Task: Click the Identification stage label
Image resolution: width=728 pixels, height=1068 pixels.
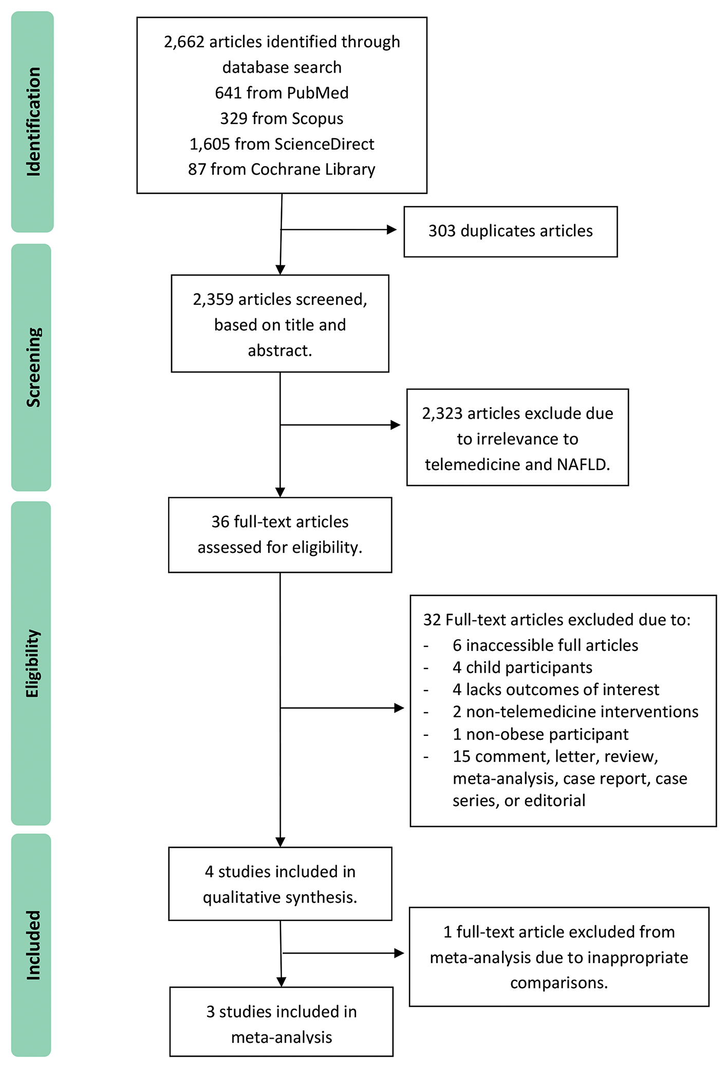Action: tap(33, 122)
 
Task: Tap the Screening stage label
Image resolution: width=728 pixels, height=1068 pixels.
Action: tap(33, 367)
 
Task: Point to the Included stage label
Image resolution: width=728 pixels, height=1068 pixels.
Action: tap(33, 945)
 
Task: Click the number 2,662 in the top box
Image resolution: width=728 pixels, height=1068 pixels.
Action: tap(184, 42)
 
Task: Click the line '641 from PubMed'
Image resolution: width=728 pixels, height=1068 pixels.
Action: tap(282, 93)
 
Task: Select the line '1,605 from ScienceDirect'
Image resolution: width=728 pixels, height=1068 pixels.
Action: tap(282, 144)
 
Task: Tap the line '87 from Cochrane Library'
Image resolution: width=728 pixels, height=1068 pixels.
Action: tap(282, 169)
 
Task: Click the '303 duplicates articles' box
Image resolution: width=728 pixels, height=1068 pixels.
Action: tap(510, 231)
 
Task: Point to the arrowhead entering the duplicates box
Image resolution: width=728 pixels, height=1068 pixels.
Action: tap(392, 230)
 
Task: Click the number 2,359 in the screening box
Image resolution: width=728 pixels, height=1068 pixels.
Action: tap(213, 299)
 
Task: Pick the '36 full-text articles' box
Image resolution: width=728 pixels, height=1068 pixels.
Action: tap(280, 535)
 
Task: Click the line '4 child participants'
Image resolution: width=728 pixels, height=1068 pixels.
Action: tap(522, 667)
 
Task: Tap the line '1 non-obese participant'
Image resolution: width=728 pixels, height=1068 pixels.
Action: tap(540, 734)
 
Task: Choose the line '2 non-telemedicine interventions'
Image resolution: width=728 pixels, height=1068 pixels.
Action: tap(575, 712)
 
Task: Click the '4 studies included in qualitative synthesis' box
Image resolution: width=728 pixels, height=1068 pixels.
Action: tap(280, 884)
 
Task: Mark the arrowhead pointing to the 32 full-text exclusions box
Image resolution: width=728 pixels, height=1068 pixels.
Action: tap(399, 708)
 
